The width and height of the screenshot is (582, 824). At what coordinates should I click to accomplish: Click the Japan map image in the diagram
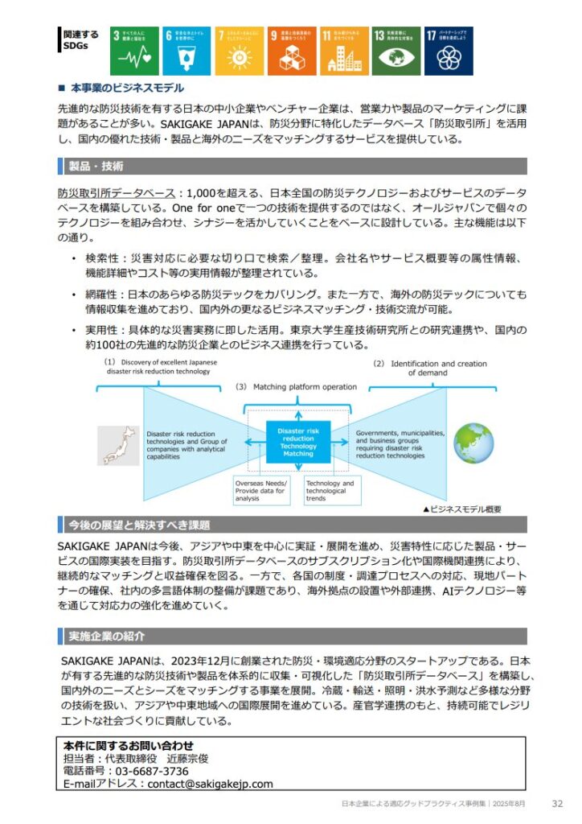(118, 445)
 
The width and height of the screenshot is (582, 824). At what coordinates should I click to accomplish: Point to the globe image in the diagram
(473, 443)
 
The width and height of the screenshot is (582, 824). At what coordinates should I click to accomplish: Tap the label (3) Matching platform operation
(296, 387)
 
